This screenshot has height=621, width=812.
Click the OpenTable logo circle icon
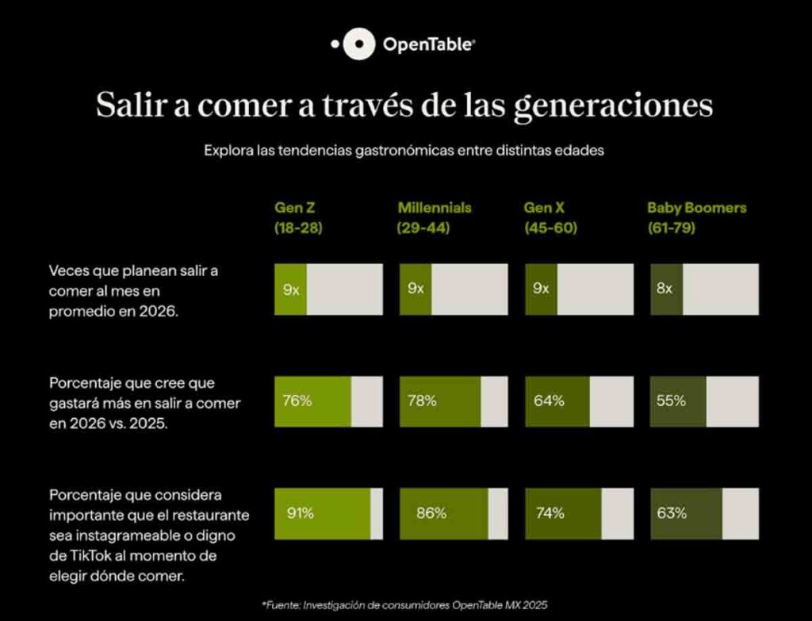click(x=362, y=45)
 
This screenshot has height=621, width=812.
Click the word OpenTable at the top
click(x=429, y=45)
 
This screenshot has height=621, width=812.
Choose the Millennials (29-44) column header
click(x=434, y=217)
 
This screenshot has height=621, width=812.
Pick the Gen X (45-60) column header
click(x=550, y=217)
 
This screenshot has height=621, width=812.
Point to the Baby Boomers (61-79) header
click(x=696, y=217)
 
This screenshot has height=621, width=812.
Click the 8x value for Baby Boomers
click(x=665, y=289)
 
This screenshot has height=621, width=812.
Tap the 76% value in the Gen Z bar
click(x=297, y=401)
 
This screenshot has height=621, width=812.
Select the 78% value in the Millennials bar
click(x=422, y=401)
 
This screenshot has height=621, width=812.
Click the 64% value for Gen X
click(x=549, y=401)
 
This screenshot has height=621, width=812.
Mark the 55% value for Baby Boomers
click(x=671, y=401)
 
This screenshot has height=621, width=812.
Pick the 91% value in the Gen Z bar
click(x=301, y=513)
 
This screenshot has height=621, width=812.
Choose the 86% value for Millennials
click(x=431, y=513)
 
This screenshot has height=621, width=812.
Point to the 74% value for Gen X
click(x=550, y=513)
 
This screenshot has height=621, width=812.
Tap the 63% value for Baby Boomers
click(x=671, y=513)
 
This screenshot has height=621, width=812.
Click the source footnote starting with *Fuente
click(x=404, y=605)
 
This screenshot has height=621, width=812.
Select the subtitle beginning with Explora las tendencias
click(x=404, y=150)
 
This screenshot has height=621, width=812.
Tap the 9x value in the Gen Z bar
click(x=291, y=289)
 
